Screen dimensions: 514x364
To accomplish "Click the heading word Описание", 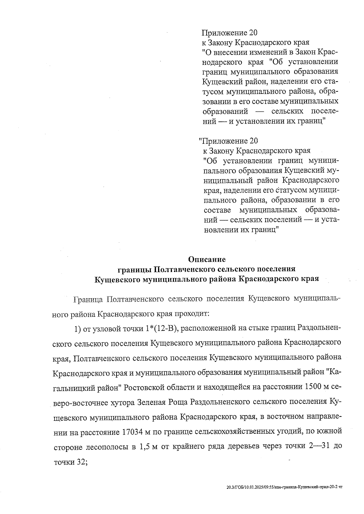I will pos(207,260).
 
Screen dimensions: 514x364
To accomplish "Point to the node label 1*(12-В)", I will pos(160,328).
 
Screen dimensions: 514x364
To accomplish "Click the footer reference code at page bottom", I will pos(285,488).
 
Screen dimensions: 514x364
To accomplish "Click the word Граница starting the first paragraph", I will pos(87,299).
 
